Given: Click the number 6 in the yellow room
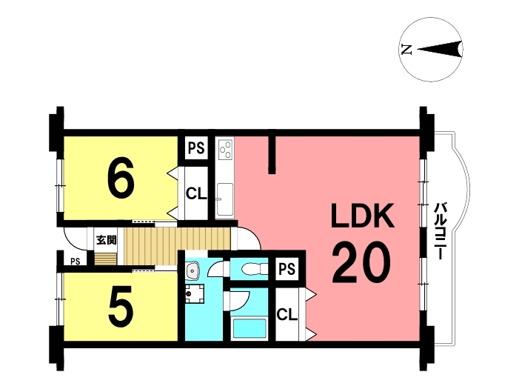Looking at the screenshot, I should (x=121, y=179).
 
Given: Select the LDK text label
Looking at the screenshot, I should (x=363, y=217).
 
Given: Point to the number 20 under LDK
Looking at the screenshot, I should (x=361, y=263).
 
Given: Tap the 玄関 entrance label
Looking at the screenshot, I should (x=106, y=239).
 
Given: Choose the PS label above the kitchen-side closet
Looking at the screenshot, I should (x=196, y=148).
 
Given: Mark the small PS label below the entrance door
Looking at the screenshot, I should (x=76, y=261).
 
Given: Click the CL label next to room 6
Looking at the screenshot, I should (x=195, y=194).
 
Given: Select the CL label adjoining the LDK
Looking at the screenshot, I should (x=287, y=314).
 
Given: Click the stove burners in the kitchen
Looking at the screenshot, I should (x=225, y=150).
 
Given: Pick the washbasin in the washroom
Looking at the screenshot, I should (x=193, y=269).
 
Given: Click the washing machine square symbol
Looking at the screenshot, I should (x=195, y=295).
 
